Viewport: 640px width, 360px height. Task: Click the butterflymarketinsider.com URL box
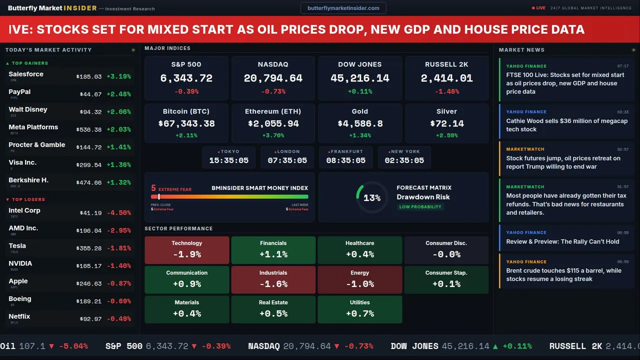[x=343, y=8]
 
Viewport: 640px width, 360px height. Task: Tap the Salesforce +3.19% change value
[x=119, y=76]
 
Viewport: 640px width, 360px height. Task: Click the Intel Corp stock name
[x=24, y=210]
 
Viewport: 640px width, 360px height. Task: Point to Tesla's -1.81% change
[x=119, y=248]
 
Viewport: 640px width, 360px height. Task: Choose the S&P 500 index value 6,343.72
[x=186, y=78]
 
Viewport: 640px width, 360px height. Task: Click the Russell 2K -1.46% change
[x=446, y=91]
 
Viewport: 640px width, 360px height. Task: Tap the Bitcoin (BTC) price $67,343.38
[x=186, y=123]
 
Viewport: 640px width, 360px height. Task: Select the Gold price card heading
[x=359, y=111]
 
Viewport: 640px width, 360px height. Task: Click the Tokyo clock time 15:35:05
[x=228, y=160]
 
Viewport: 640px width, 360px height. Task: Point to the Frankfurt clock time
[x=345, y=160]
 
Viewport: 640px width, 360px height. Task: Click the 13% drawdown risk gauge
[x=371, y=198]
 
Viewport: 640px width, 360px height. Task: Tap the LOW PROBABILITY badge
[x=420, y=207]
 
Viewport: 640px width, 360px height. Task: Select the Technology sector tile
[x=186, y=250]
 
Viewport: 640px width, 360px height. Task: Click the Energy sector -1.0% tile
[x=359, y=279]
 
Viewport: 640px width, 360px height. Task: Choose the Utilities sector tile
[x=359, y=309]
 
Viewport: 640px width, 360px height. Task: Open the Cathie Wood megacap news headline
[x=566, y=125]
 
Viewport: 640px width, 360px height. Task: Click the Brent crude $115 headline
[x=563, y=275]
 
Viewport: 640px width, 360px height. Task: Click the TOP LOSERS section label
[x=28, y=199]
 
